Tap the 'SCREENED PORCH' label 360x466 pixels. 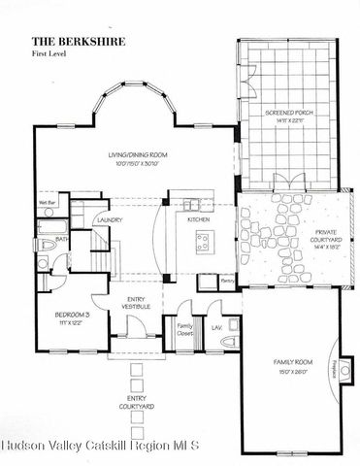pyautogui.click(x=287, y=113)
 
